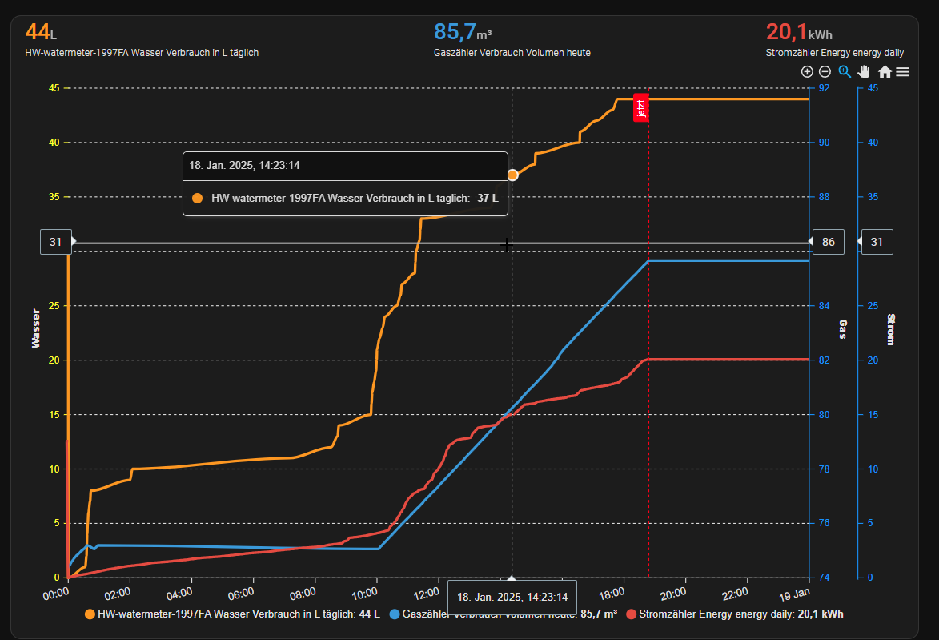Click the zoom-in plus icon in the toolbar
click(807, 71)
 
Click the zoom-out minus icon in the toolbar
click(825, 71)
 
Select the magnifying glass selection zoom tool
click(845, 71)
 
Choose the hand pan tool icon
click(865, 71)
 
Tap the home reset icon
click(885, 71)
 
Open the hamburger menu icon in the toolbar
click(903, 71)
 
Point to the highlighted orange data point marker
click(512, 175)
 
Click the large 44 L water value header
click(41, 32)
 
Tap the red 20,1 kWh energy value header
click(799, 32)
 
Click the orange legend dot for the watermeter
click(90, 614)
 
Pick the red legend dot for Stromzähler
click(632, 614)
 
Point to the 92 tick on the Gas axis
click(824, 88)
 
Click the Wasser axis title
click(35, 328)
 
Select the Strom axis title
click(891, 328)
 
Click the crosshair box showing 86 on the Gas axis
click(829, 242)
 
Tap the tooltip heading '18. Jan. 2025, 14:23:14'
click(244, 166)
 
